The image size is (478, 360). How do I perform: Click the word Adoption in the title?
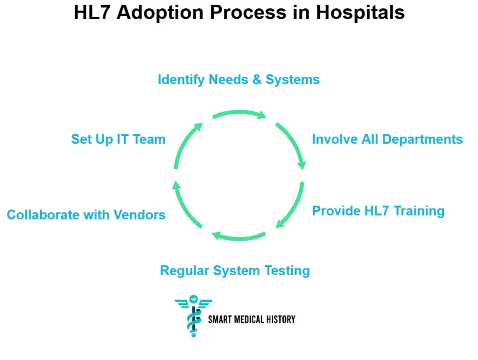(160, 13)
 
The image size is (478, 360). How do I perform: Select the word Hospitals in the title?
(360, 13)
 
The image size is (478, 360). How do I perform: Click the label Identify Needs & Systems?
(239, 80)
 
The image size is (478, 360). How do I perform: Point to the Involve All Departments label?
(387, 139)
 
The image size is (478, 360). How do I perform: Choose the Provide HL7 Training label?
(378, 211)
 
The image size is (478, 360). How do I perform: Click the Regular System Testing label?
(235, 271)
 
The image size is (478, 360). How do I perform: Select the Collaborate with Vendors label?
(86, 215)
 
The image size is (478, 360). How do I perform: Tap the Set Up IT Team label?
(118, 139)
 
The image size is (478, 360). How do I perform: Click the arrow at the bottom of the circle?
(239, 237)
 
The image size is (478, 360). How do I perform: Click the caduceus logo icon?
(193, 316)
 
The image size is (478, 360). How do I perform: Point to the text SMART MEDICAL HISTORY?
(252, 319)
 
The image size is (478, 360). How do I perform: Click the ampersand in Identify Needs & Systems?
(257, 80)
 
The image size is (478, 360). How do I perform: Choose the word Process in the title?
(248, 13)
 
